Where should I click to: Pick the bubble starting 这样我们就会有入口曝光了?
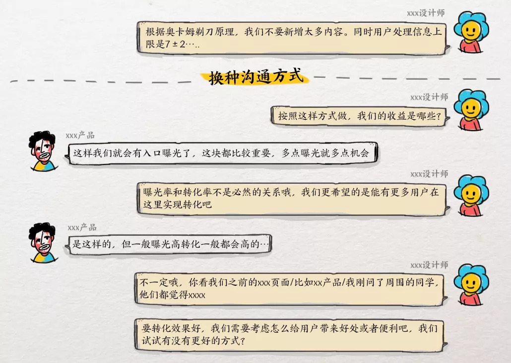point(221,154)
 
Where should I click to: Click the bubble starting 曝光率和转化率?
point(291,198)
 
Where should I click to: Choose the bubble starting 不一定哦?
point(290,289)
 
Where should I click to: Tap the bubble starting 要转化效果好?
point(290,335)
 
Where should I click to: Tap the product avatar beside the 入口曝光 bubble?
point(43,151)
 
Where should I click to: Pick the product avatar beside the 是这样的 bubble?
point(43,242)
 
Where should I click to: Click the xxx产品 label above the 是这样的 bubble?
point(82,227)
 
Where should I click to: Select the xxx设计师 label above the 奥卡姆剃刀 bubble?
point(426,13)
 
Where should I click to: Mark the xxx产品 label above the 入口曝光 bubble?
point(80,135)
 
